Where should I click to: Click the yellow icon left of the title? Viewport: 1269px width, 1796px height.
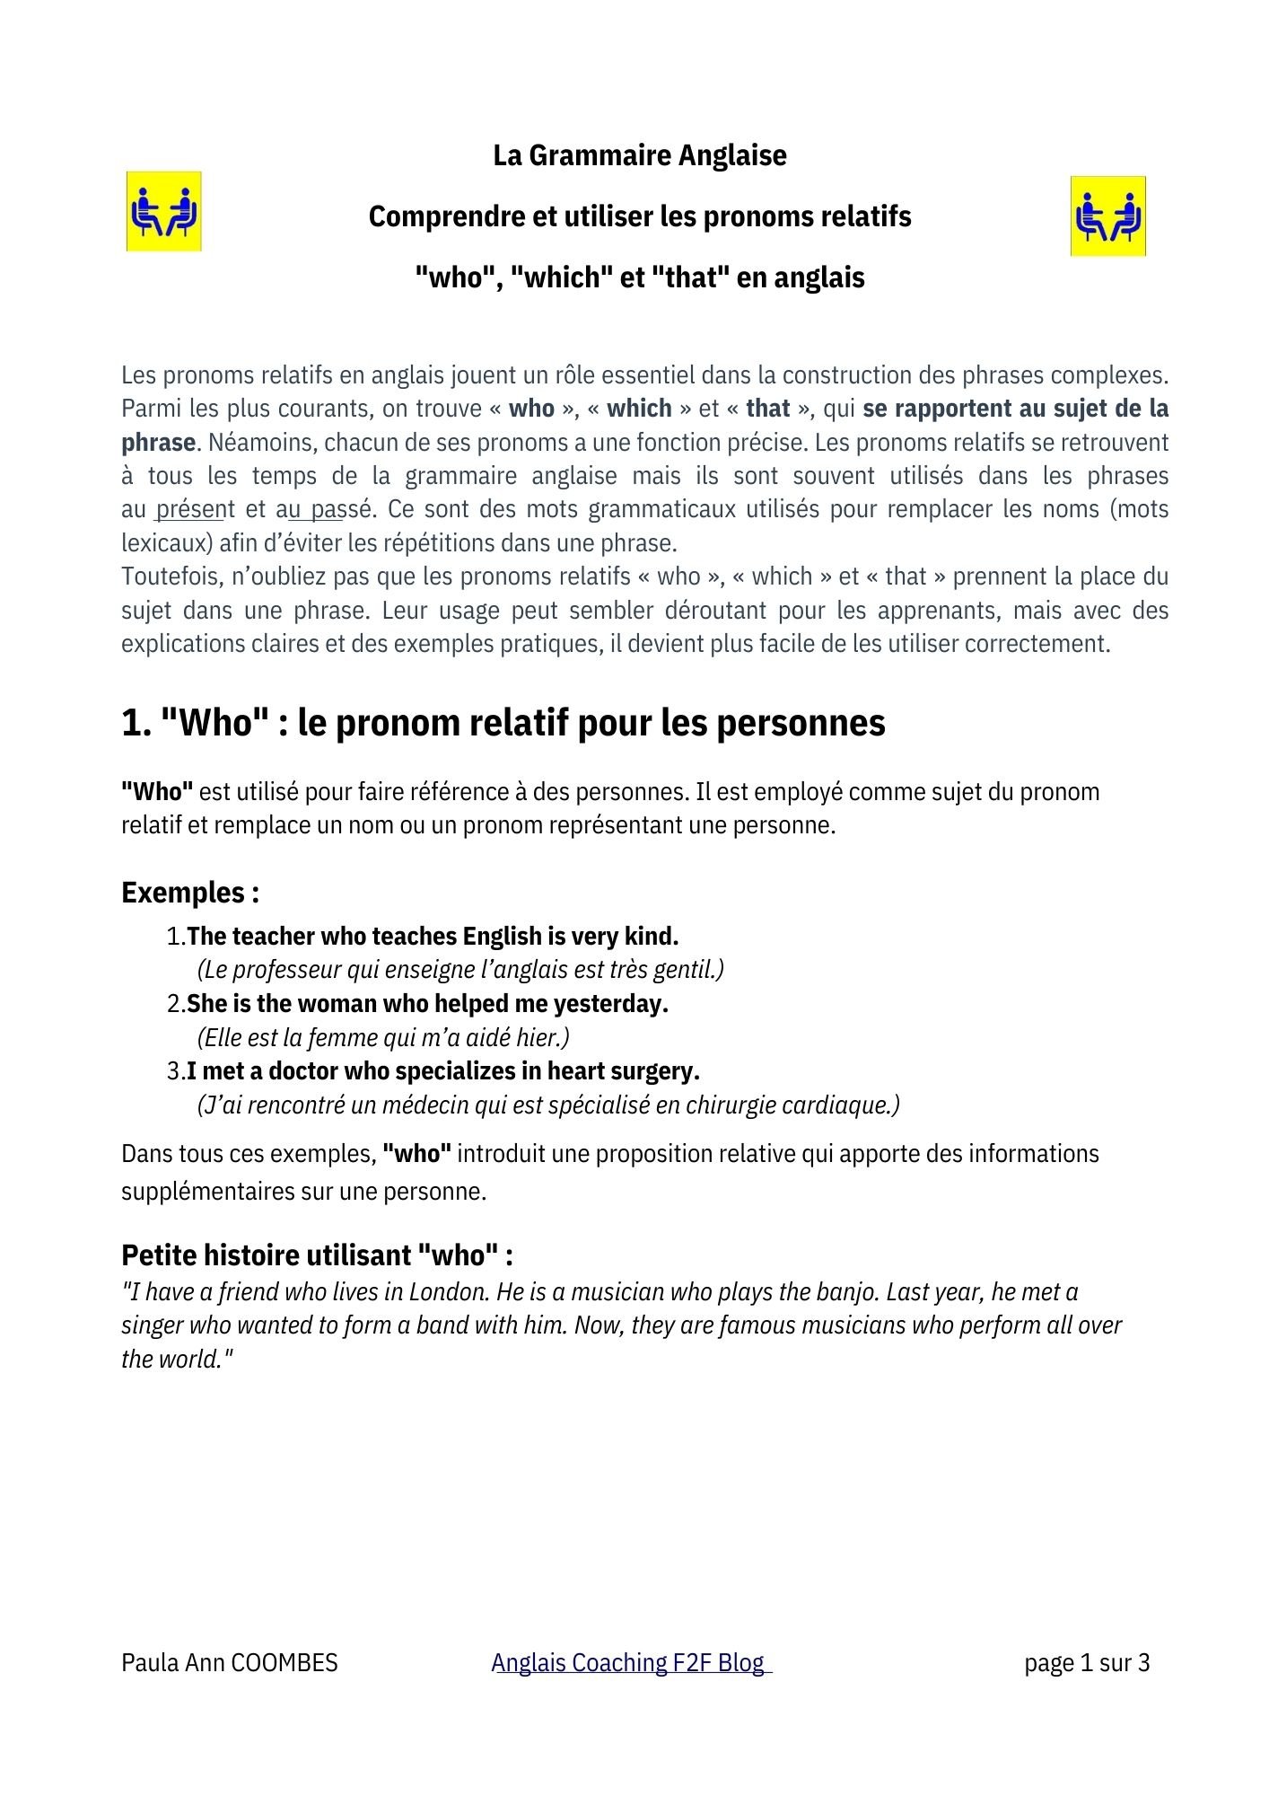click(x=163, y=212)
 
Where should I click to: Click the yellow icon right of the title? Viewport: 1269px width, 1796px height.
click(x=1107, y=216)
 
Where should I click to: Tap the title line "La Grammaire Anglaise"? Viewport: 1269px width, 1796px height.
click(x=639, y=155)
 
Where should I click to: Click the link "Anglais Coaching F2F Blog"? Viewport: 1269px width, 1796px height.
click(x=631, y=1663)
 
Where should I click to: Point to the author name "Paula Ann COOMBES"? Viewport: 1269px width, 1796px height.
click(x=230, y=1663)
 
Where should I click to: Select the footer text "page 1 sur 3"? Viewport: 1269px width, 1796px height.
click(x=1087, y=1663)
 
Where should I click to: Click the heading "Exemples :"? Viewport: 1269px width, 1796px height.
click(x=190, y=893)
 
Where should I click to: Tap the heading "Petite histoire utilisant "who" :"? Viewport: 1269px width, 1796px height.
click(x=317, y=1255)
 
